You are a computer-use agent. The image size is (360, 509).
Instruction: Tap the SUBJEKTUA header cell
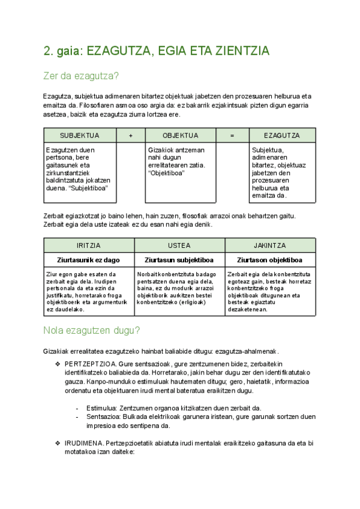(x=80, y=135)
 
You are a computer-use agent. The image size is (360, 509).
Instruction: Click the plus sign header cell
(x=130, y=135)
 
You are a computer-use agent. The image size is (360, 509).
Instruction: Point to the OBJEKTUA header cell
(x=180, y=135)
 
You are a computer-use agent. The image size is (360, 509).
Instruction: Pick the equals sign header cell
(x=232, y=135)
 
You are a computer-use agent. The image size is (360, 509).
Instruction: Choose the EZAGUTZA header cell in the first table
(x=281, y=135)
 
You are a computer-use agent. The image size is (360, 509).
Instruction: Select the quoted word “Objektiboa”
(x=166, y=173)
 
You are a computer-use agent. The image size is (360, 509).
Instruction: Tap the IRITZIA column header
(x=89, y=245)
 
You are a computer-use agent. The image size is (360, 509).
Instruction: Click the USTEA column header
(x=179, y=245)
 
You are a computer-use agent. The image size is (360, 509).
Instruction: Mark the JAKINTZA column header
(x=269, y=245)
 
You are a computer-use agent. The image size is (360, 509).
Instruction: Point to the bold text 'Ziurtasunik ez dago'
(x=89, y=260)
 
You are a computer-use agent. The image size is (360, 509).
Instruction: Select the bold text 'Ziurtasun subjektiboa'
(x=179, y=260)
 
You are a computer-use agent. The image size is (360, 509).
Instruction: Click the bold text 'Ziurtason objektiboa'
(x=269, y=260)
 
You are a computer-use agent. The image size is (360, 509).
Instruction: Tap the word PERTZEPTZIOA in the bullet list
(x=88, y=364)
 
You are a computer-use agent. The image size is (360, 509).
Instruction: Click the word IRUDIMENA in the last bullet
(x=83, y=442)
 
